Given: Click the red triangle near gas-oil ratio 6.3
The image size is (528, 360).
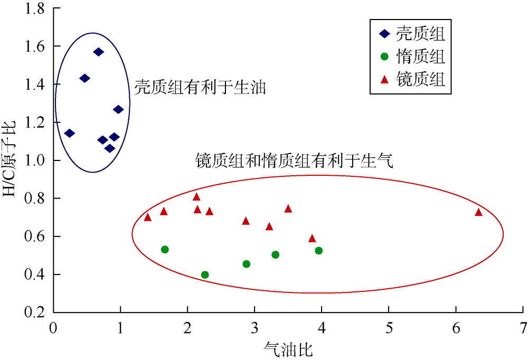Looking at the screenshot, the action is click(x=478, y=212).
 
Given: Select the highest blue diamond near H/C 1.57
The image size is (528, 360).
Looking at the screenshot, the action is click(x=98, y=52).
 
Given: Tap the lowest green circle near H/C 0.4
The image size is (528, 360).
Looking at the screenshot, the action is click(x=205, y=275).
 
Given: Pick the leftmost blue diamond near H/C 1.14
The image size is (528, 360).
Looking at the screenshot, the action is click(x=69, y=133).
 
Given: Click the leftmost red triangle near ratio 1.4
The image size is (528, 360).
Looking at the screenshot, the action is click(x=147, y=217).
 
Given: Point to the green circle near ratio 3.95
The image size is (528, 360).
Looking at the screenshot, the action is click(x=318, y=251).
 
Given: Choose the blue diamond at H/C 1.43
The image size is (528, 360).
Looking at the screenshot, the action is click(x=84, y=79).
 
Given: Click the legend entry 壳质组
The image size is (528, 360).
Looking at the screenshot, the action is click(x=412, y=34).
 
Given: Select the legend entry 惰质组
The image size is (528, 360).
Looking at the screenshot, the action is click(x=412, y=56).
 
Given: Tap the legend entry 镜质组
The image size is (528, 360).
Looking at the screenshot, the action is click(x=412, y=79).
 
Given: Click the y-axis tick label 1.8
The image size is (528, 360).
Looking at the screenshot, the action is click(x=35, y=8).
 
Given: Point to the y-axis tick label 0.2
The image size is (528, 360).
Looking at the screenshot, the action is click(x=35, y=312).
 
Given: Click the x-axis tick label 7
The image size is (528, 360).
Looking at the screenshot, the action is click(x=523, y=328).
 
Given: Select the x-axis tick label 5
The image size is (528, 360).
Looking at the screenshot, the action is click(x=389, y=328).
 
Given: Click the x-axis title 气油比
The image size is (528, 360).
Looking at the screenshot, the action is click(x=288, y=349).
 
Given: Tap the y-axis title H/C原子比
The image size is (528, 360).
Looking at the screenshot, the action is click(x=9, y=159).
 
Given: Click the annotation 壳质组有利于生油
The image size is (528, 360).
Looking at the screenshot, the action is click(x=200, y=87).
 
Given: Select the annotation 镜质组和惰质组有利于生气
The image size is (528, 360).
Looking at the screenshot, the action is click(x=294, y=160).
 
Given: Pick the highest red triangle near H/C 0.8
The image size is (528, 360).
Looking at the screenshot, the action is click(x=196, y=197).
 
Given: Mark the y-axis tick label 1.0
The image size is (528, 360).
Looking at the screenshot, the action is click(x=35, y=160).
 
